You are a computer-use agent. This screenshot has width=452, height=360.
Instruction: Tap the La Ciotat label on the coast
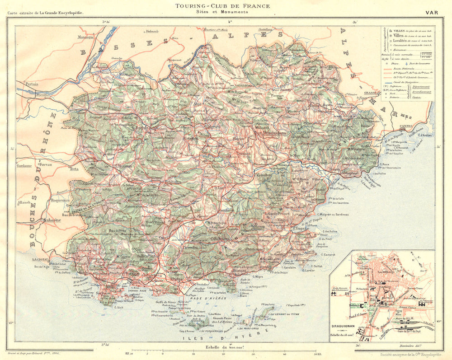[40, 259]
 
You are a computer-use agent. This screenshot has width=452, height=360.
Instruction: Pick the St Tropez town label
[300, 229]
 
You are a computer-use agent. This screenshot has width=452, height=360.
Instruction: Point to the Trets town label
[74, 168]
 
